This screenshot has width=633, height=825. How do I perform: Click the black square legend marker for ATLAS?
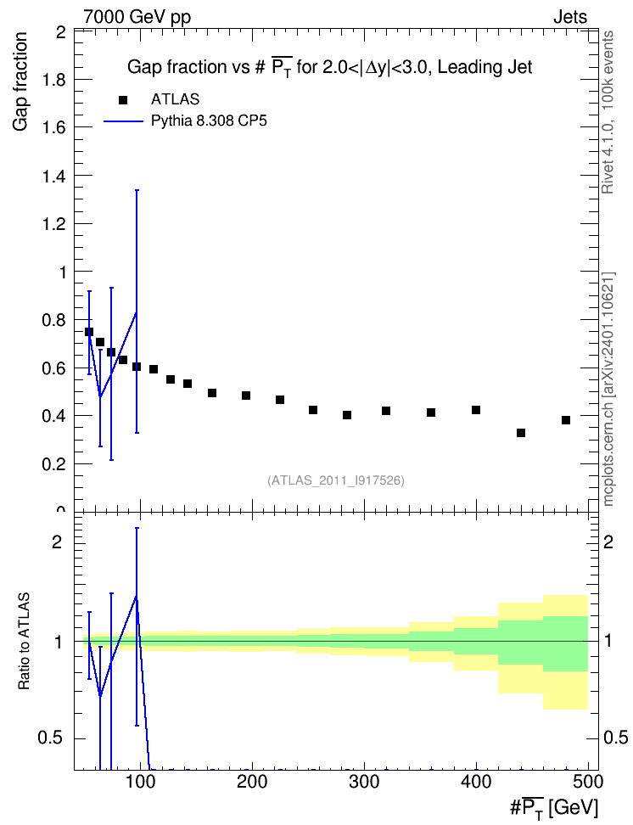pos(122,99)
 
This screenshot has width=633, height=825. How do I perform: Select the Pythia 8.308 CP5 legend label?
pos(209,121)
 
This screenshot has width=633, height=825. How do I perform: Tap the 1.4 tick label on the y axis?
pos(53,176)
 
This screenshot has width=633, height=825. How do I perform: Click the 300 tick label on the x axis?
pos(364,782)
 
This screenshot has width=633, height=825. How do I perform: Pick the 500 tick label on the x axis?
pos(588,782)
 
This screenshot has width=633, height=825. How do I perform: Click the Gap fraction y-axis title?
pos(20,81)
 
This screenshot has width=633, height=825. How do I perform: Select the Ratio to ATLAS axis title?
pos(24,642)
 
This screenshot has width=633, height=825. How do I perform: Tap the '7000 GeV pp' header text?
pos(137,17)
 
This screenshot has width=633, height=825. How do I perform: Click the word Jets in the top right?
pos(570,17)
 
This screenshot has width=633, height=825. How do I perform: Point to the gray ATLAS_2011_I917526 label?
pos(336,480)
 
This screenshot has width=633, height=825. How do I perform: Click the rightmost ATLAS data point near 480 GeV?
pos(566,420)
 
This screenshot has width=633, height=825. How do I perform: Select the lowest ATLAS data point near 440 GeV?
pos(521,433)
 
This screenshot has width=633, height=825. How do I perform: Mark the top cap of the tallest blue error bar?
pos(137,190)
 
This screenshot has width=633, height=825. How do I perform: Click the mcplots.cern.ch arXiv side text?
pos(608,389)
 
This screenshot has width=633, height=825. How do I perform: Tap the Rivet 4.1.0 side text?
pos(608,112)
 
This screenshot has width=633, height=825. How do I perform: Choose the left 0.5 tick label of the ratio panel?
pos(51,738)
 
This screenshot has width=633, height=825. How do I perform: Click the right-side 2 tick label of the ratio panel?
pos(608,542)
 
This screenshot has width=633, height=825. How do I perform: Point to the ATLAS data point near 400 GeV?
pos(476,410)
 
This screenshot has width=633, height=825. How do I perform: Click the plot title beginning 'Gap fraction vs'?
pos(330,67)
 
